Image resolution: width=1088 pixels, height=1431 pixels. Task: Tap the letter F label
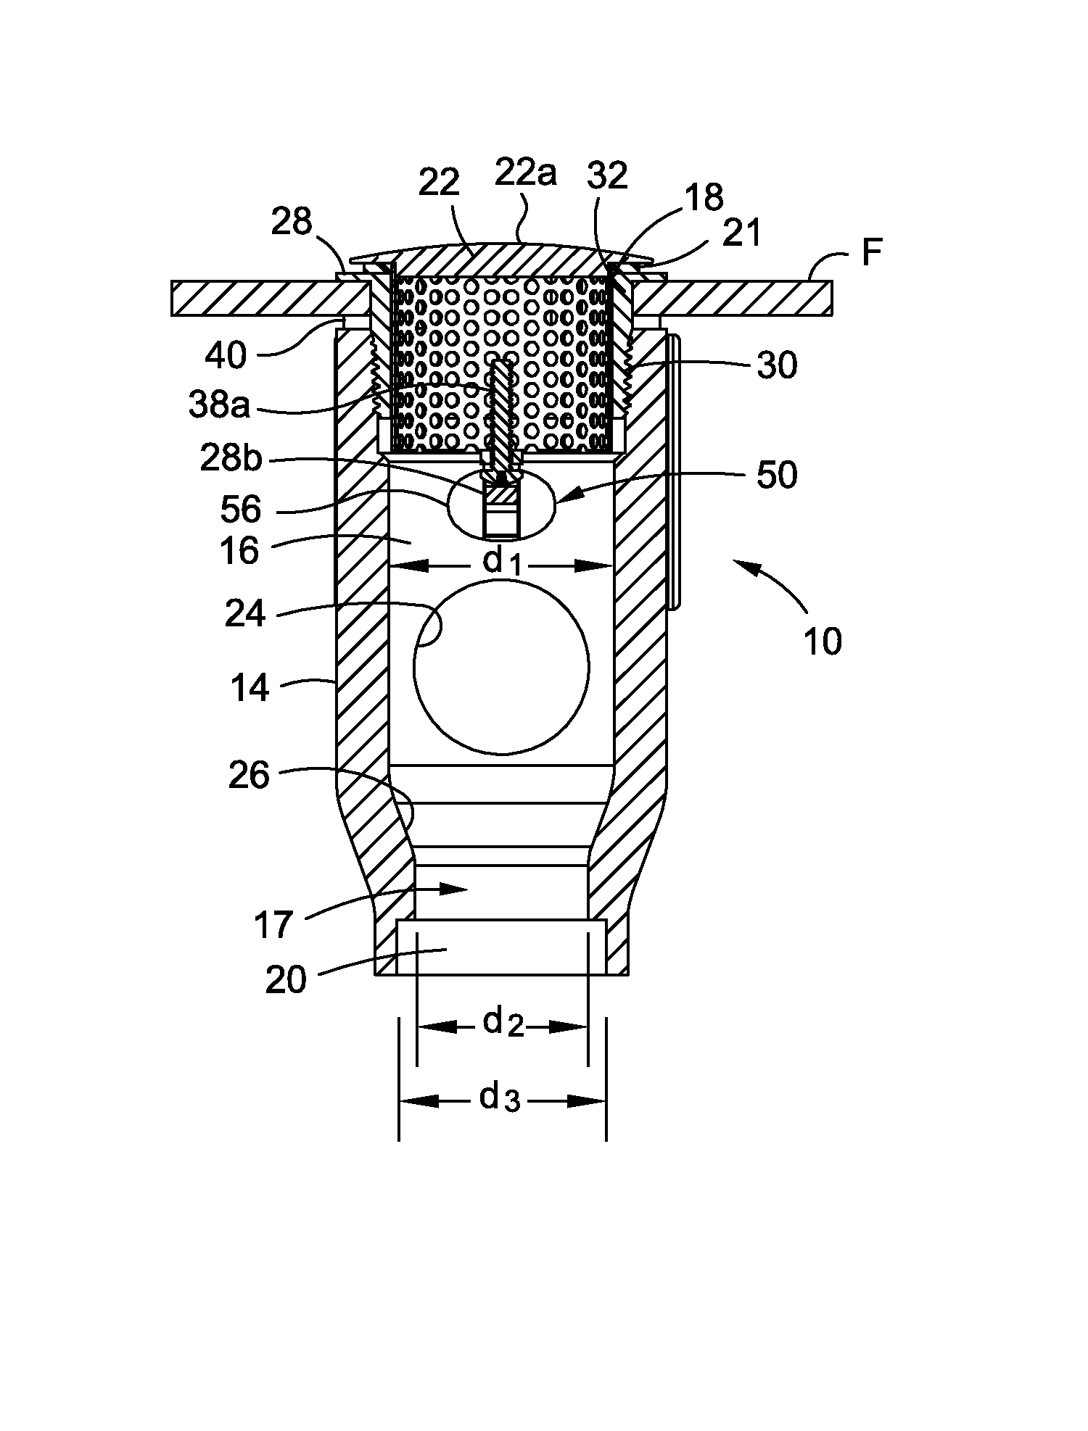(x=873, y=255)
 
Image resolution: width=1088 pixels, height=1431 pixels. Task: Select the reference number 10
(x=823, y=642)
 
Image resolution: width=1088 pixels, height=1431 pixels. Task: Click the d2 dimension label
(x=503, y=1023)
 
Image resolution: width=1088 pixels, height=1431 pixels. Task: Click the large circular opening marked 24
(x=501, y=665)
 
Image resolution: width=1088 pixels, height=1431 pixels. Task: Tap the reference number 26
(x=250, y=776)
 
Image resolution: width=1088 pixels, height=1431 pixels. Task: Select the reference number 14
(x=250, y=688)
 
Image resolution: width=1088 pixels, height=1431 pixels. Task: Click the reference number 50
(x=777, y=475)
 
